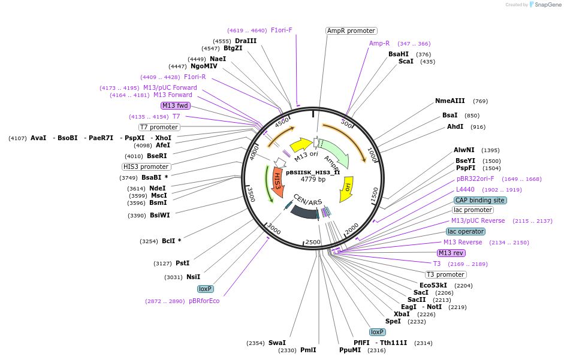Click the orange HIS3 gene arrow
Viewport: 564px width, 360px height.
278,182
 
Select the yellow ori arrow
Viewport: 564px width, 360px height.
347,189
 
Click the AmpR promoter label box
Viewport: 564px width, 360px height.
351,31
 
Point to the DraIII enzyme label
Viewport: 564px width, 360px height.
246,41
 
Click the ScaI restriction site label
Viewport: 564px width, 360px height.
406,62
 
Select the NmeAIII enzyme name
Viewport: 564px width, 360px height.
450,101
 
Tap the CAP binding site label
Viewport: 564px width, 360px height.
480,200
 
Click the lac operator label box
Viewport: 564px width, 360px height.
466,232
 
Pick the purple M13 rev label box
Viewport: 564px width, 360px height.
451,253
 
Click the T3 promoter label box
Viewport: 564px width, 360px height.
446,275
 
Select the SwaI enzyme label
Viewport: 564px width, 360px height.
277,343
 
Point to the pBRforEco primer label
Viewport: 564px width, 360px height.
204,301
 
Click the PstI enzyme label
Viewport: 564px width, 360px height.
182,263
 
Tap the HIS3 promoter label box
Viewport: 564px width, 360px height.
146,167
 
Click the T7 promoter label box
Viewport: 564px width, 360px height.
159,128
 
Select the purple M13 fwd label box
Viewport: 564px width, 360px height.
175,106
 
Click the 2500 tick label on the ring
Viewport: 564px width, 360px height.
313,242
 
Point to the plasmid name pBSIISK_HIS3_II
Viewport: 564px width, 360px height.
313,173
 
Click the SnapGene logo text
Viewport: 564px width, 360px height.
548,5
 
